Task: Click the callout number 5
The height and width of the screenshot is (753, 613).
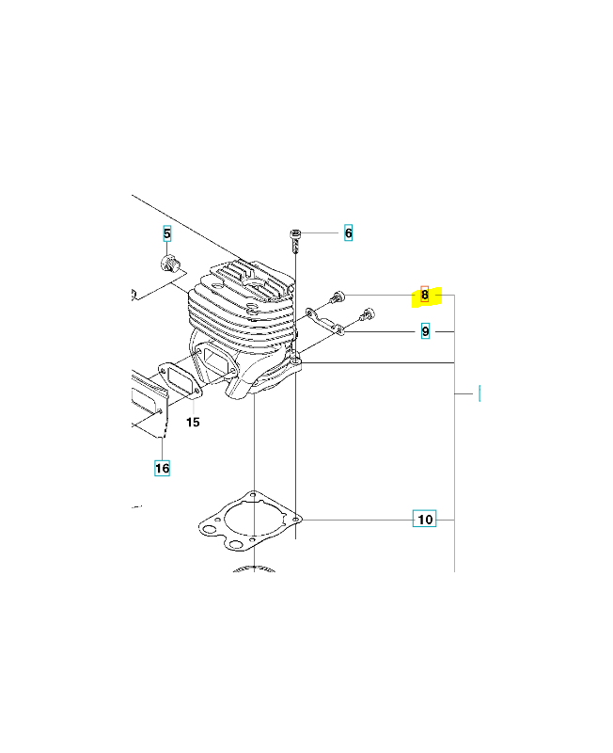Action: tap(167, 233)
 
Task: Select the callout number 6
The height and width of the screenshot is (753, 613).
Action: tap(348, 232)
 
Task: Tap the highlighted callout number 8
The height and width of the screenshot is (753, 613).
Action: tap(425, 295)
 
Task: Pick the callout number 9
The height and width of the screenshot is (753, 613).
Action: tap(425, 331)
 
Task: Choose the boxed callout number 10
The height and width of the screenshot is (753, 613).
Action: tap(425, 519)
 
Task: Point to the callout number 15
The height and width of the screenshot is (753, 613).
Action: tap(193, 422)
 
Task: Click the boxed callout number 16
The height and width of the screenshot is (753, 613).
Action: tap(162, 468)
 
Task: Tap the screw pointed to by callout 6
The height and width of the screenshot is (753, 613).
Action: tap(295, 241)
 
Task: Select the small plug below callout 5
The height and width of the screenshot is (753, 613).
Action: tap(169, 264)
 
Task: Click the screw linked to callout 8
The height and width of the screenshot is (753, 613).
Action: tap(338, 297)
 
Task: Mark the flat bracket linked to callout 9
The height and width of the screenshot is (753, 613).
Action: tap(325, 321)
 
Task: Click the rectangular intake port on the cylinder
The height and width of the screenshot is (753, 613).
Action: tap(215, 360)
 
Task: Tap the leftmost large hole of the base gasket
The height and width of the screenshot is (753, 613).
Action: tap(210, 530)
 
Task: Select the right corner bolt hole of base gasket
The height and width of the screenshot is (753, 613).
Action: tap(296, 520)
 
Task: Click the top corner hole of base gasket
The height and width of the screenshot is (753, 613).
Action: tap(253, 493)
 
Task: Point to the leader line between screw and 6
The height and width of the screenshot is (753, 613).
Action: tap(320, 232)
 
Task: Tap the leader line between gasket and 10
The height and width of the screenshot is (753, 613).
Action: tap(356, 520)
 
